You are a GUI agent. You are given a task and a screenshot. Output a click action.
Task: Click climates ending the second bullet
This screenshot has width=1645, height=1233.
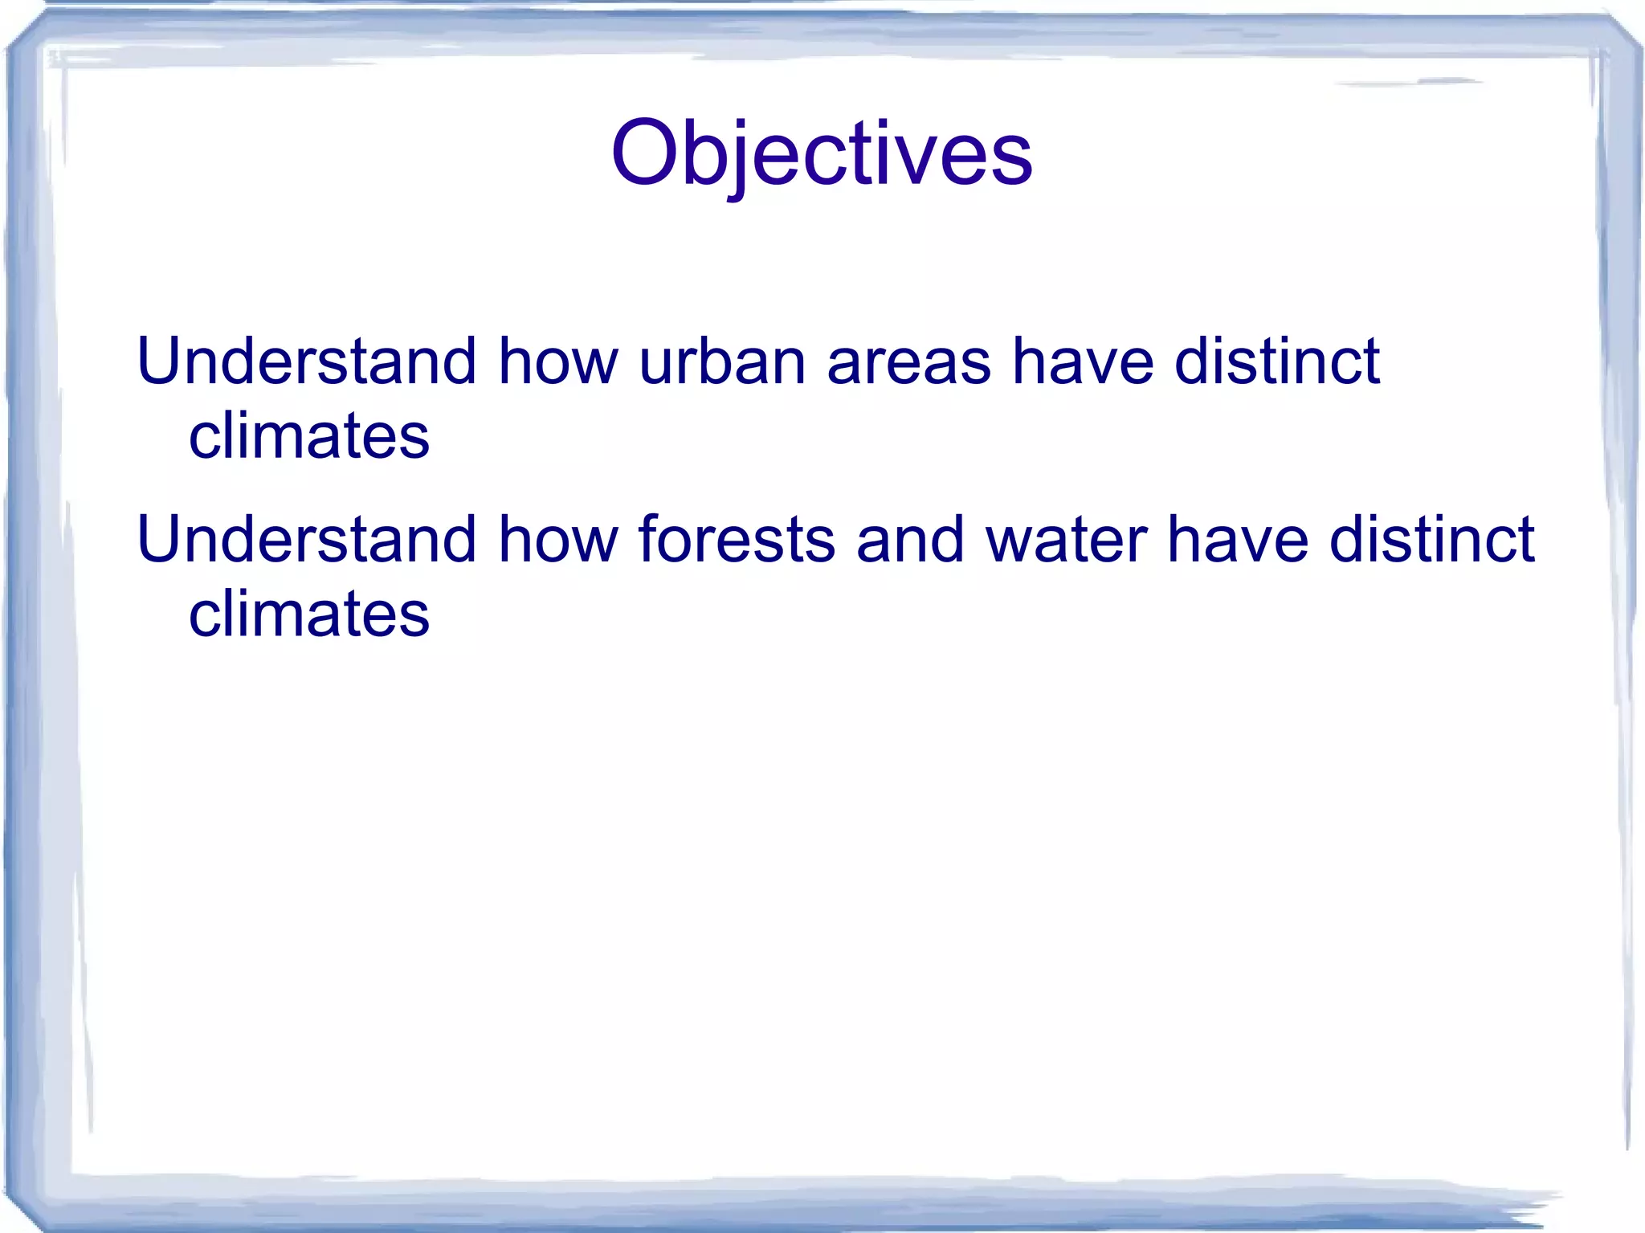[x=308, y=614]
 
